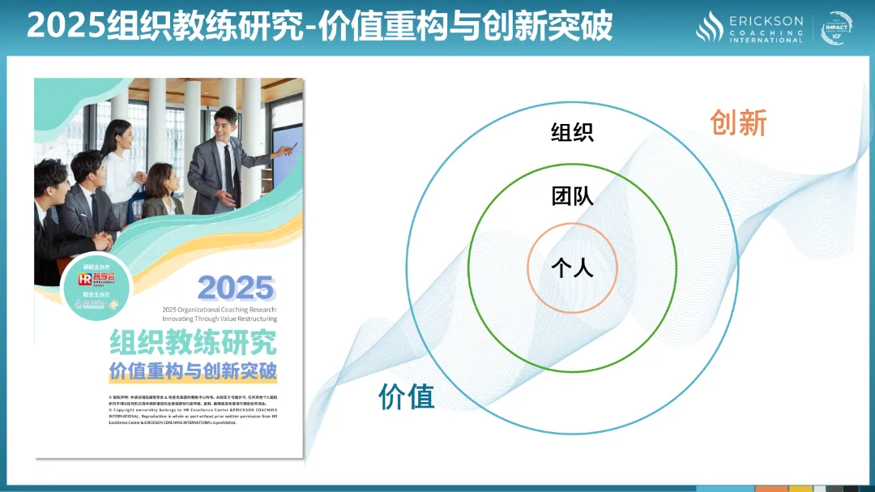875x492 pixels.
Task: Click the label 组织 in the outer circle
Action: (x=572, y=131)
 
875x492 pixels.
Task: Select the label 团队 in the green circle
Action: (x=572, y=195)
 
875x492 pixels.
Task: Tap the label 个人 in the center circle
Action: (x=572, y=267)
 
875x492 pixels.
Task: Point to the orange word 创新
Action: (x=738, y=122)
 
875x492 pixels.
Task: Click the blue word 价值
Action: (x=407, y=396)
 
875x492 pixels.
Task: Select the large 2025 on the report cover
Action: (x=236, y=289)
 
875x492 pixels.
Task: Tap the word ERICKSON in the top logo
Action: (x=766, y=20)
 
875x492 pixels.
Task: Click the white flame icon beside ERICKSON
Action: (x=710, y=27)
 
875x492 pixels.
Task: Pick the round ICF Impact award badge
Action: (x=837, y=28)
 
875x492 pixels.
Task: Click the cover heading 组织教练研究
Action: (x=193, y=342)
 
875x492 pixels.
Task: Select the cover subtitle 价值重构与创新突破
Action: (x=193, y=372)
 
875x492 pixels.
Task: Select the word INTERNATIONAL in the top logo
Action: (x=766, y=40)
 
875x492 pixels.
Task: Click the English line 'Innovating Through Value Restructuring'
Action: (x=220, y=319)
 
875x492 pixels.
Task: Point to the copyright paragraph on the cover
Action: (x=193, y=409)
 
